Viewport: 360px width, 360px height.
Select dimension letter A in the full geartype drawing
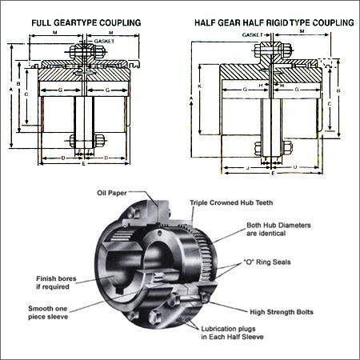pos(10,90)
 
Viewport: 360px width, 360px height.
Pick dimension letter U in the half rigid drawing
pos(297,169)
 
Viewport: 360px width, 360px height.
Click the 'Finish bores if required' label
pos(58,282)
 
